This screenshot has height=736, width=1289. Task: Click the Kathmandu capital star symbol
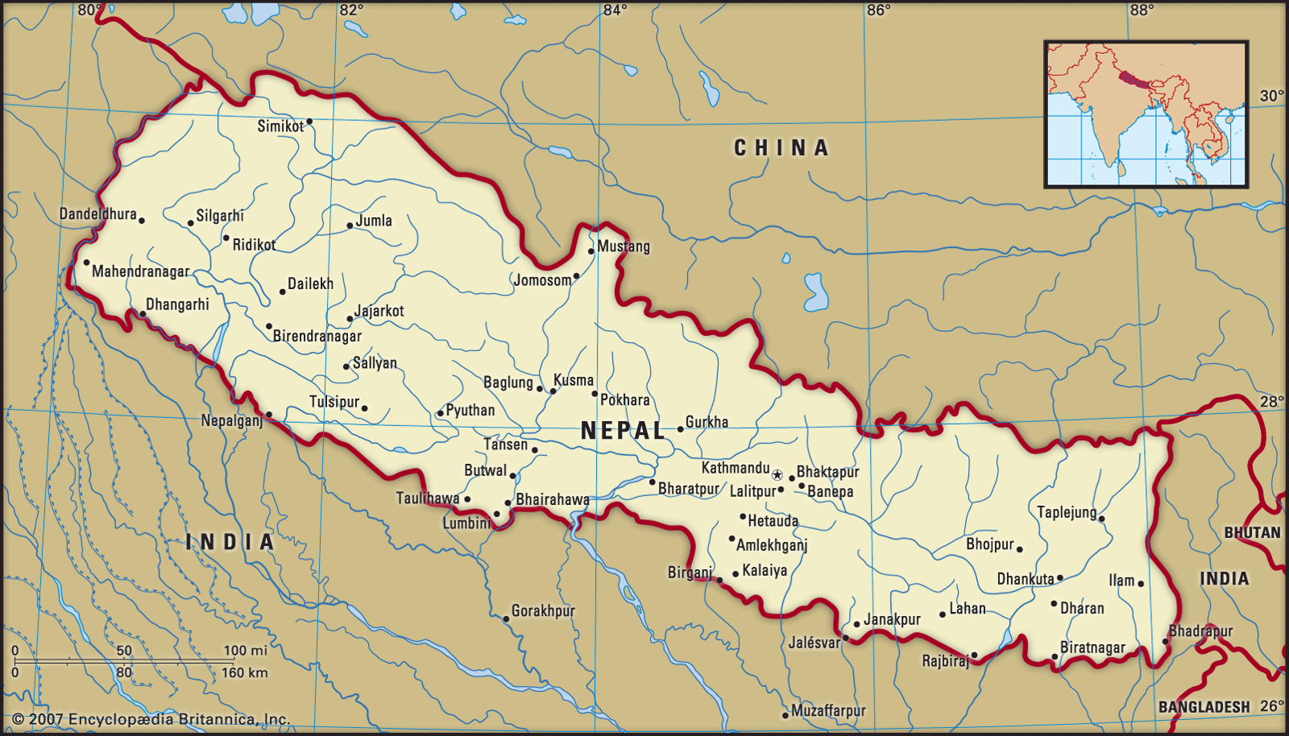click(x=777, y=475)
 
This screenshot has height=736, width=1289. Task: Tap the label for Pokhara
click(x=624, y=400)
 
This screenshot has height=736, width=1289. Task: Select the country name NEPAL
click(x=623, y=431)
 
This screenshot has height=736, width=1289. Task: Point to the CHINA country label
click(x=781, y=148)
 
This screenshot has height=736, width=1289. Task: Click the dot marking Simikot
click(x=309, y=122)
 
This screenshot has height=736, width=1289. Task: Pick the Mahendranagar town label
click(x=140, y=271)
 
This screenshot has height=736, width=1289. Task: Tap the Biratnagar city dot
click(x=1055, y=657)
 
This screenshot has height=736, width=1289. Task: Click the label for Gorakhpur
click(x=543, y=611)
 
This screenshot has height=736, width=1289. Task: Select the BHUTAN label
click(x=1251, y=533)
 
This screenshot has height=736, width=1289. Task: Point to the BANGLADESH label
click(x=1204, y=707)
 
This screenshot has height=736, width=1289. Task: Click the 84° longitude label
click(x=615, y=10)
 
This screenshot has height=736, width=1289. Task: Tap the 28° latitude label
click(x=1271, y=401)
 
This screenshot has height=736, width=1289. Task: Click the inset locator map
click(x=1146, y=114)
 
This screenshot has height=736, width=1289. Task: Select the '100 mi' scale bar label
click(x=245, y=651)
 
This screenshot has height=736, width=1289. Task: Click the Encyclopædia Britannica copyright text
click(x=151, y=719)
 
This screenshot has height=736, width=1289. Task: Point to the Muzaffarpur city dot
click(x=785, y=715)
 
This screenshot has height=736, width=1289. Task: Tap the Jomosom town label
click(x=542, y=280)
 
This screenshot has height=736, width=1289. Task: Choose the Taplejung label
click(x=1066, y=512)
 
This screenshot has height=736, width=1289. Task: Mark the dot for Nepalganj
click(x=269, y=415)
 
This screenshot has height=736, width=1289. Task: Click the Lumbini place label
click(x=466, y=523)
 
